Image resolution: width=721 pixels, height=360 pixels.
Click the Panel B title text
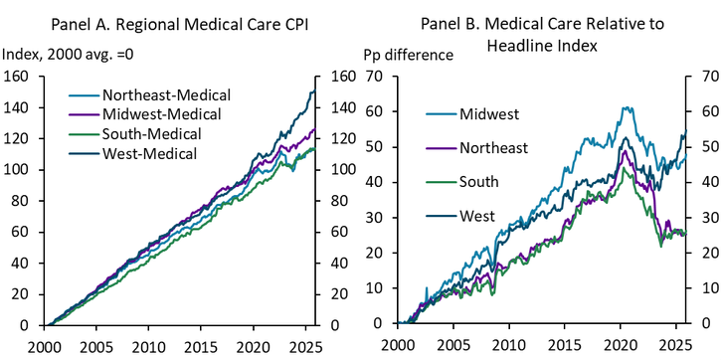point(545,33)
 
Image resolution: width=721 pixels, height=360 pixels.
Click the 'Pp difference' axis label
point(409,54)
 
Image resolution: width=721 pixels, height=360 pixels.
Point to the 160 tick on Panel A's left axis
point(17,77)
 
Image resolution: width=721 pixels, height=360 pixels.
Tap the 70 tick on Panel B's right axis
point(709,77)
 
